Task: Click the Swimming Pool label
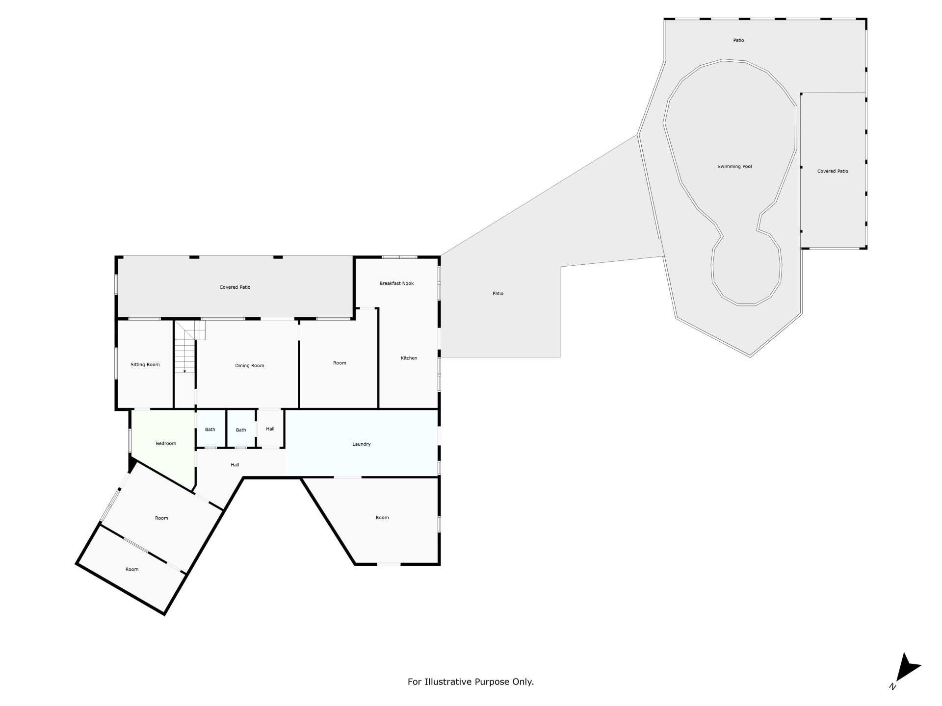734,167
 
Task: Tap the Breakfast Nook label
396,283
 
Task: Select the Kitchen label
409,358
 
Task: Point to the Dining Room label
249,365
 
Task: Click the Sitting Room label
145,365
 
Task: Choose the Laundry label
361,444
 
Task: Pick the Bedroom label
166,444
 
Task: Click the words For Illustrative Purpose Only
471,681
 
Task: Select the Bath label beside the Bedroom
210,429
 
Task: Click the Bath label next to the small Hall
241,430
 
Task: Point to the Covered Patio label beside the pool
833,171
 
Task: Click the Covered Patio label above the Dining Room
235,287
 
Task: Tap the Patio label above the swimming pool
738,40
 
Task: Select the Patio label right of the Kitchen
498,294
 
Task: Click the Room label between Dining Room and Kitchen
340,363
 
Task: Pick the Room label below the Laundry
382,517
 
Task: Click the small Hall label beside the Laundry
270,429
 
